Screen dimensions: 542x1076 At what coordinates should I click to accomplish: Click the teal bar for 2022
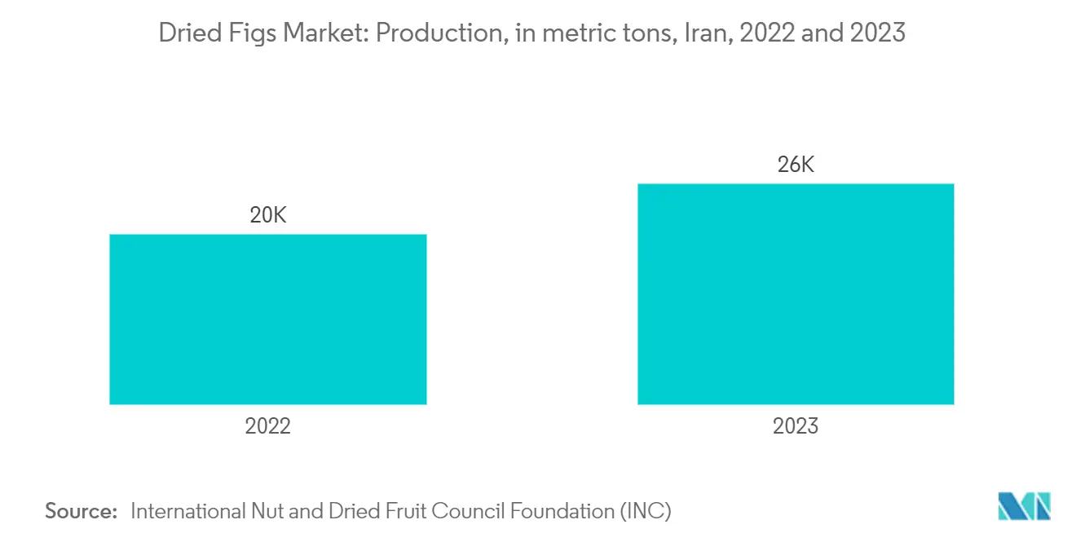pos(267,319)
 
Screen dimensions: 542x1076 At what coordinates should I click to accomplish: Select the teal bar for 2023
pos(796,293)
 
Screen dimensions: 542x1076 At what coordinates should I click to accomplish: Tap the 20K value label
pos(268,216)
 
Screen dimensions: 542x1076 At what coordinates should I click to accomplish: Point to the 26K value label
pos(796,165)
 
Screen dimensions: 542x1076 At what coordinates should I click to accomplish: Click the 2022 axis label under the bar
pos(267,425)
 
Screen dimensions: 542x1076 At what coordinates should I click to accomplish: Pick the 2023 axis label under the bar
pos(796,425)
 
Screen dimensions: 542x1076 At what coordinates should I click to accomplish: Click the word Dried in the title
pos(185,33)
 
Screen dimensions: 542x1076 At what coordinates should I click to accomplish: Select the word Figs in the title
pos(242,33)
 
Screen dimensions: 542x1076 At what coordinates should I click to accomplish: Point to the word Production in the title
pos(431,33)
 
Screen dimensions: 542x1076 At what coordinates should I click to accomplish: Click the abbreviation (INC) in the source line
pos(648,511)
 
